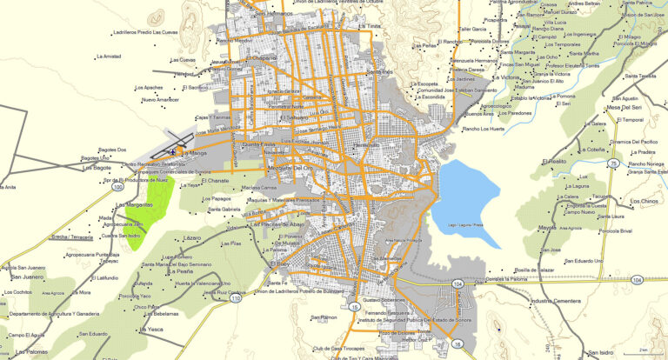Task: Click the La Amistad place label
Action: pos(105,56)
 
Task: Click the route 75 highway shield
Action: pos(613,163)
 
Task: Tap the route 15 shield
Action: pos(354,307)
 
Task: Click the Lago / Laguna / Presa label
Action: pos(464,225)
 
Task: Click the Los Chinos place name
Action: pos(645,202)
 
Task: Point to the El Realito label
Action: pos(553,162)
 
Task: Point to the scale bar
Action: pos(643,349)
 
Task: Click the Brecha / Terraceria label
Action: pos(72,236)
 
